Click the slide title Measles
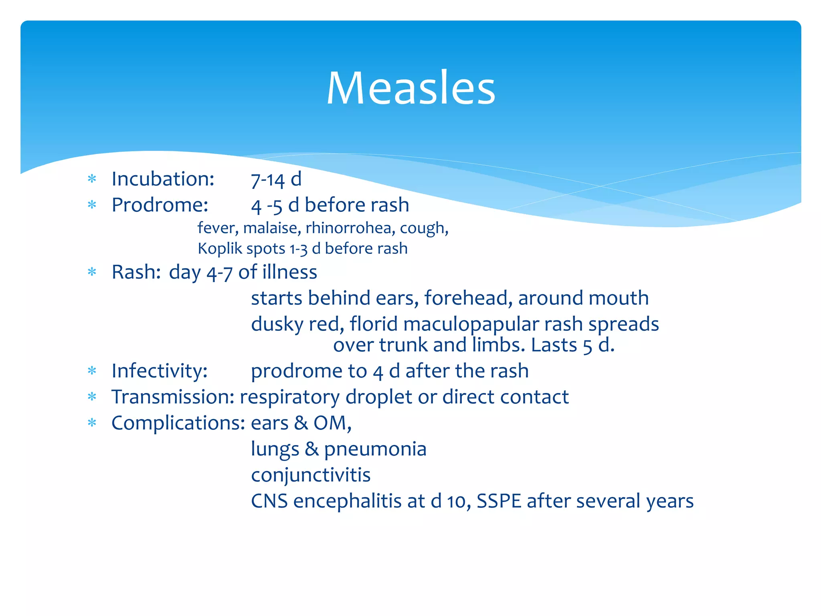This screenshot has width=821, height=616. click(x=411, y=88)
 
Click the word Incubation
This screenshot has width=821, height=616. click(x=162, y=179)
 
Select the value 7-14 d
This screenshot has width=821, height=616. click(x=276, y=179)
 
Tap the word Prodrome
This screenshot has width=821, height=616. click(x=160, y=205)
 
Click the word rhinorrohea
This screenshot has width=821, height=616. click(x=348, y=228)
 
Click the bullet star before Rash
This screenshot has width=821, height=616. click(x=92, y=272)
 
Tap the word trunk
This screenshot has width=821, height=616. click(x=402, y=345)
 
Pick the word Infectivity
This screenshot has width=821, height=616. click(x=159, y=371)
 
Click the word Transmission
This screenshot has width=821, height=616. click(x=173, y=397)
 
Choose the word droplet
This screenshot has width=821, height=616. click(x=378, y=397)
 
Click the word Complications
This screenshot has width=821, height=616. click(x=178, y=423)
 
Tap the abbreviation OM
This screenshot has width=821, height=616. click(x=332, y=423)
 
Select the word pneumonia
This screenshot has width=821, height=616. click(x=375, y=449)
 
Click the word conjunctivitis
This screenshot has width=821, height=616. click(x=311, y=475)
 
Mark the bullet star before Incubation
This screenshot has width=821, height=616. click(x=92, y=179)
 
